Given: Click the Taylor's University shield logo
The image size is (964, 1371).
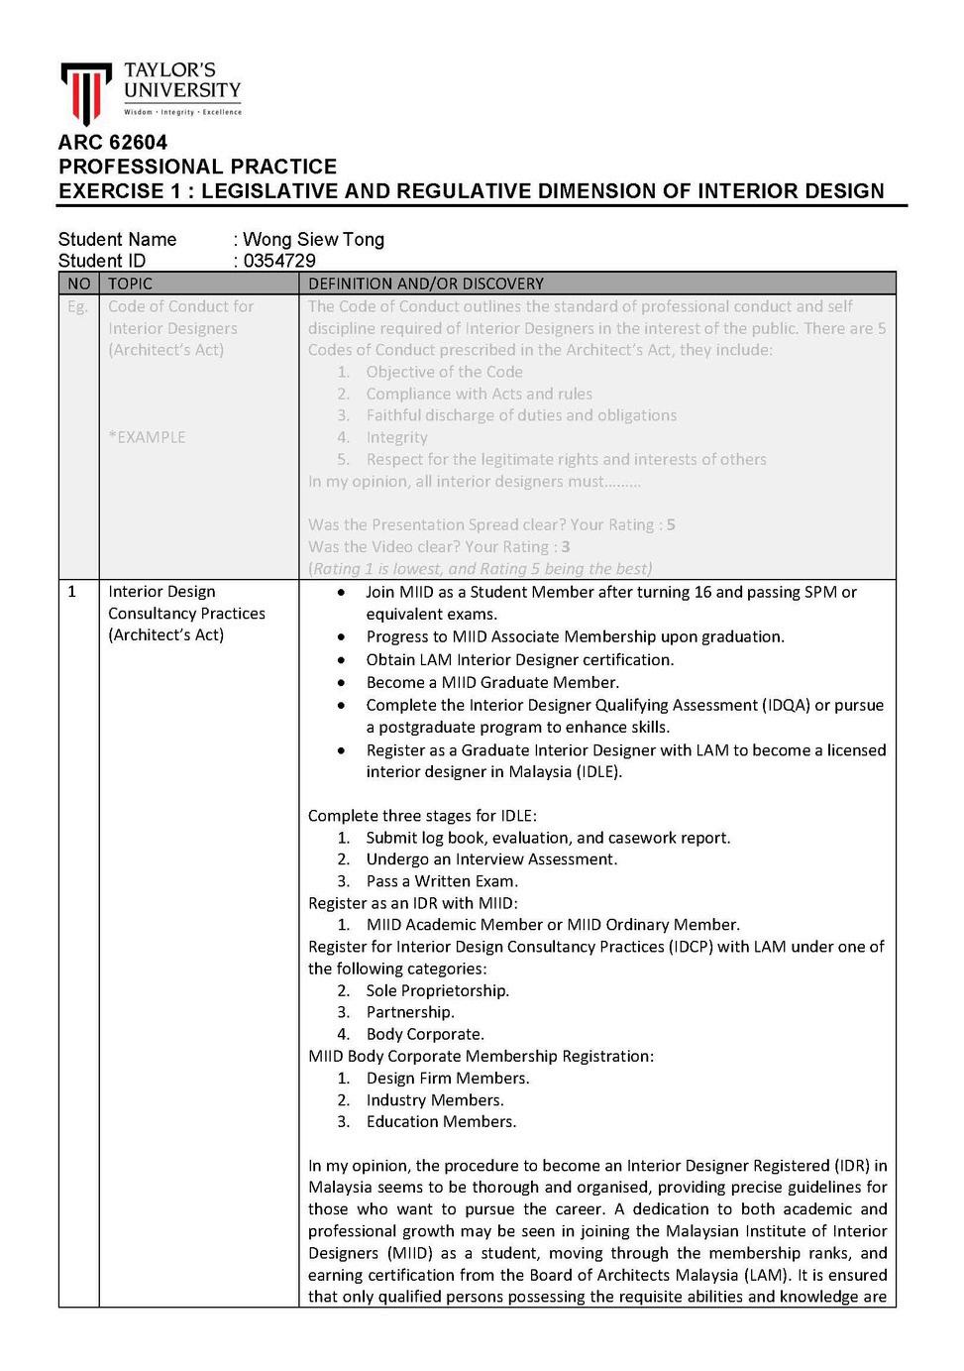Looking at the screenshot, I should [85, 92].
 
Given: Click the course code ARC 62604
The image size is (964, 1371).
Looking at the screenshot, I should [113, 142].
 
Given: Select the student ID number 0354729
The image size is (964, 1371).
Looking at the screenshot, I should [279, 261].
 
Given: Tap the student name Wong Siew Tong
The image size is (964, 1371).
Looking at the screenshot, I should [313, 239].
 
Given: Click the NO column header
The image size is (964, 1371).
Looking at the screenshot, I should [79, 284].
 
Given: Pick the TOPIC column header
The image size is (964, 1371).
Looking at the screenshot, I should [130, 284].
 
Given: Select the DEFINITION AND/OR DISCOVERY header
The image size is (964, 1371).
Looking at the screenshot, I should [426, 284].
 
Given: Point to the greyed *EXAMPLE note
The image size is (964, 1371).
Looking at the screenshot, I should [147, 437].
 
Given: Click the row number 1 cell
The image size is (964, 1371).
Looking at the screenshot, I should [71, 592].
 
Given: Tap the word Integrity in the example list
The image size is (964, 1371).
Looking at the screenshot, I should [396, 437].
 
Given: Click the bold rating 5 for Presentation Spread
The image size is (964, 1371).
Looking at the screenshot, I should [671, 524].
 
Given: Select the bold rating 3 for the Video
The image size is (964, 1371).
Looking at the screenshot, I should [566, 546].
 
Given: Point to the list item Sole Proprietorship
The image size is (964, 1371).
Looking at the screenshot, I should [437, 990].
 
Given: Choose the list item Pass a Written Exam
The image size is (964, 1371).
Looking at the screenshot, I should [442, 881].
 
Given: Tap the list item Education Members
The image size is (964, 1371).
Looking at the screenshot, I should [441, 1121].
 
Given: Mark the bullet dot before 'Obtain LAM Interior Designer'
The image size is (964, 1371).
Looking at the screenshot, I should [342, 660].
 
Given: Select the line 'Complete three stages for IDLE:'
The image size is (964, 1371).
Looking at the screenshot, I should [422, 816].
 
